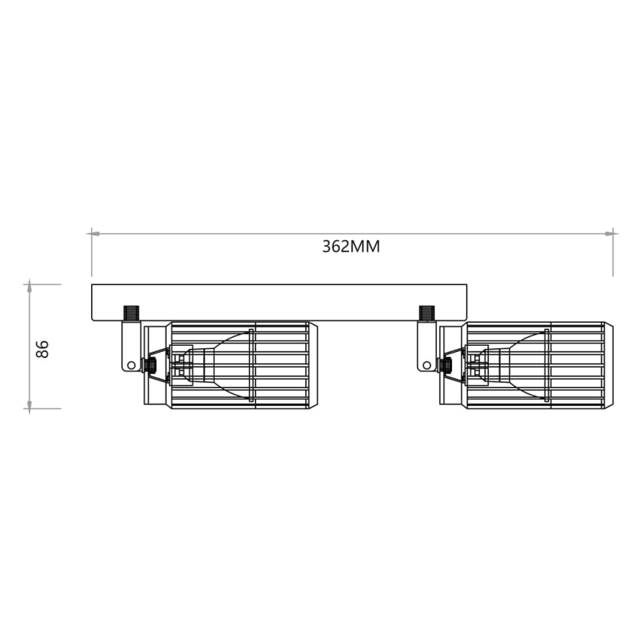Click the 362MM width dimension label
click(350, 247)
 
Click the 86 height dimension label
click(43, 349)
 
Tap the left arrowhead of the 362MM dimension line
click(94, 233)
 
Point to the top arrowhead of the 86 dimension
click(29, 286)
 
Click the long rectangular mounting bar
click(279, 302)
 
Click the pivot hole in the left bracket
click(131, 364)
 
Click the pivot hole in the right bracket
click(426, 364)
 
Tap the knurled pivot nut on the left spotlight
click(150, 365)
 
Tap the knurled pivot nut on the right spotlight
click(446, 365)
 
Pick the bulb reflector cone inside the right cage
click(522, 364)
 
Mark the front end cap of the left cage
click(313, 364)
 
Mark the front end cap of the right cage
click(608, 364)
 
